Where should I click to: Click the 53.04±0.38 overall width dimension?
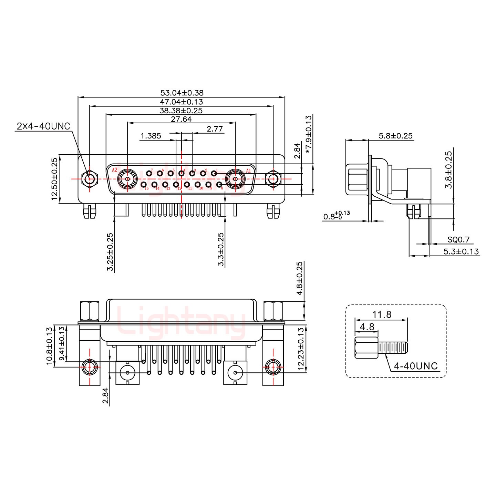click(182, 93)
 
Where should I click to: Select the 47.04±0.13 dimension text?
click(182, 102)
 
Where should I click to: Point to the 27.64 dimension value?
click(181, 119)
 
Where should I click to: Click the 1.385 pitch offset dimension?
click(151, 136)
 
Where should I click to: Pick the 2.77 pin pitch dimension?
click(215, 129)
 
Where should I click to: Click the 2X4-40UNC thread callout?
click(43, 126)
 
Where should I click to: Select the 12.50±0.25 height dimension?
click(54, 179)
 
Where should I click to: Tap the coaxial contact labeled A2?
click(127, 179)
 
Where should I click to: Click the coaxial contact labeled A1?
click(235, 179)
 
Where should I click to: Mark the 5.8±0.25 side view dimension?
click(396, 136)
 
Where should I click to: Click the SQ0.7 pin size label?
click(458, 240)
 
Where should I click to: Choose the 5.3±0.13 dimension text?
click(461, 251)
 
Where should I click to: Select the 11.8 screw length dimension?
click(382, 314)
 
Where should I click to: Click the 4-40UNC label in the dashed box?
click(416, 366)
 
